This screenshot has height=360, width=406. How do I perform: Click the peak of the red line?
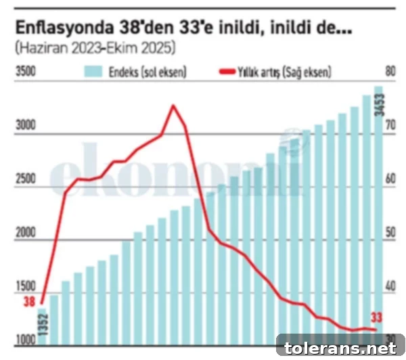173,106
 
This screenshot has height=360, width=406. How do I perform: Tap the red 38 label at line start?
29,302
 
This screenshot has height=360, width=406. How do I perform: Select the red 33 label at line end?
376,318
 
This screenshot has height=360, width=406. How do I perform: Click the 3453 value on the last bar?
380,105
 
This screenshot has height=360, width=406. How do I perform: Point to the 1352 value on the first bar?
43,325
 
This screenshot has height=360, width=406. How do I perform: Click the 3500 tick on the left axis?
26,72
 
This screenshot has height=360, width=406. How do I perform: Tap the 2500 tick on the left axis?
26,179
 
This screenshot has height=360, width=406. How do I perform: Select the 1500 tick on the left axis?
26,286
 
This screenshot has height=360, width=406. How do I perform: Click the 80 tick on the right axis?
390,71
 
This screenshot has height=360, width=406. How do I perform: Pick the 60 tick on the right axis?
390,179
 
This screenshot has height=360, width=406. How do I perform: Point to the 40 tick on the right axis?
390,286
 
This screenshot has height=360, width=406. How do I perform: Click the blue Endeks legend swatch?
93,72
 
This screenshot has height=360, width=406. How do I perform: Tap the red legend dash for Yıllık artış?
227,72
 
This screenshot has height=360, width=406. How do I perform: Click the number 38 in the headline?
130,28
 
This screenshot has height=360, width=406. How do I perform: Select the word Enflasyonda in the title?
64,28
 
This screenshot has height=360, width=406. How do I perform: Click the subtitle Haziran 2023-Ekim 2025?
95,48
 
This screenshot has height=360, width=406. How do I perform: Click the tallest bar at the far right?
379,216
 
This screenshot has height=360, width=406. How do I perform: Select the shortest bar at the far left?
42,327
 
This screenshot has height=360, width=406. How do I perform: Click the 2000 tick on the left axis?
26,233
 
